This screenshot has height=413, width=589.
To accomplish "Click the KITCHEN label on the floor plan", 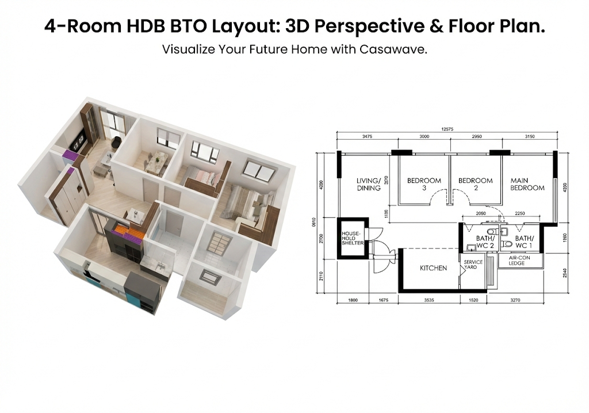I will pyautogui.click(x=433, y=268).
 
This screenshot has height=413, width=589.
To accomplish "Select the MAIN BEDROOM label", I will pyautogui.click(x=527, y=184).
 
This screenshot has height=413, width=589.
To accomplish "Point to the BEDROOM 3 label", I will pyautogui.click(x=424, y=184).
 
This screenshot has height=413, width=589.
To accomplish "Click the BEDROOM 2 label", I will pyautogui.click(x=475, y=184).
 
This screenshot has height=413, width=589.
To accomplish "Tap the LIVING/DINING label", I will pyautogui.click(x=368, y=184).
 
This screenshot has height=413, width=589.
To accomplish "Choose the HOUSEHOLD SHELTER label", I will pyautogui.click(x=352, y=239).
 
